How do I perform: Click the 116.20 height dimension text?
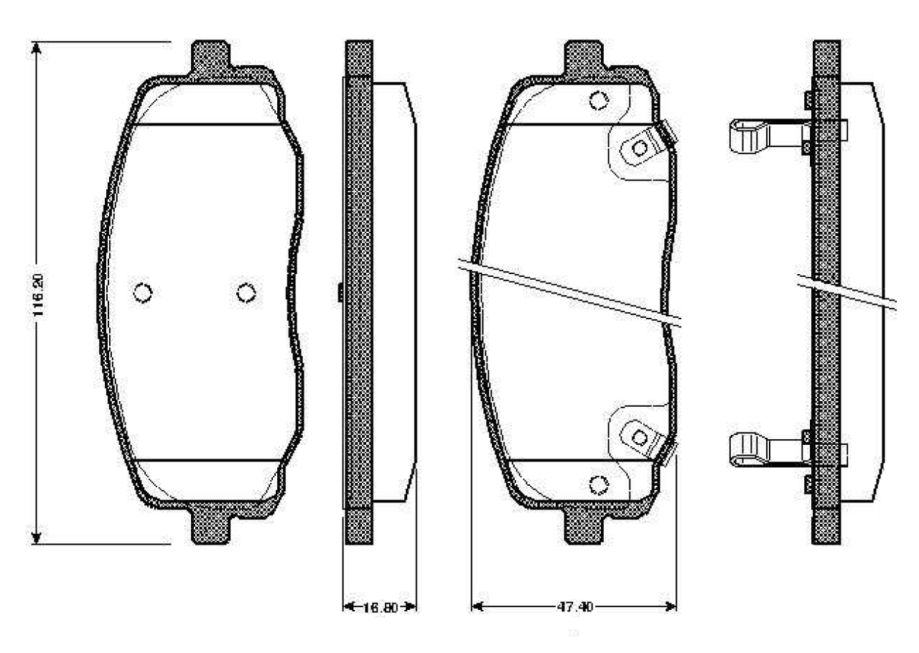pos(39,294)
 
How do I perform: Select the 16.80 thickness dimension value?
pos(379,608)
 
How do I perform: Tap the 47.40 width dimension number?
pos(574,608)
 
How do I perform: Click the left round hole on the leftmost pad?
pos(144,292)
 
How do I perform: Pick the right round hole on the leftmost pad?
pos(246,292)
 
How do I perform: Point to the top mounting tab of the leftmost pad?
pos(211,57)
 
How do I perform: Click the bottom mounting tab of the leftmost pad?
pos(211,527)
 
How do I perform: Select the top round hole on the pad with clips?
pos(598,100)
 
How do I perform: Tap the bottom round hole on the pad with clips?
pos(598,485)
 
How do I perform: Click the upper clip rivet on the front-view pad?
pos(639,148)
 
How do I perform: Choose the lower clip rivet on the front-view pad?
pos(639,436)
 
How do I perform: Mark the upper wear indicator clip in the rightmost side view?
pos(750,136)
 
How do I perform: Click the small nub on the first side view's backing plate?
pos(340,292)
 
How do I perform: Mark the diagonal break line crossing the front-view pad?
pos(574,291)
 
